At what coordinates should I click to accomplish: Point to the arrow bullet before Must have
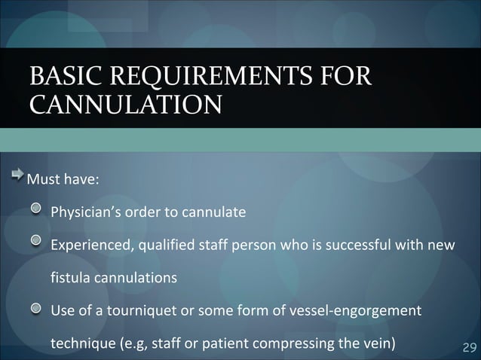coord(17,178)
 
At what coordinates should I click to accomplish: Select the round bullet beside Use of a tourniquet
coord(36,309)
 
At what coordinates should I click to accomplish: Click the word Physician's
coord(85,212)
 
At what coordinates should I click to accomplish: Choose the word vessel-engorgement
coord(360,311)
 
